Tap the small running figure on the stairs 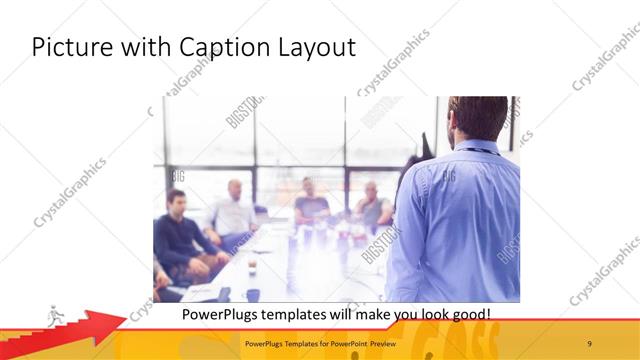coord(55,315)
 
